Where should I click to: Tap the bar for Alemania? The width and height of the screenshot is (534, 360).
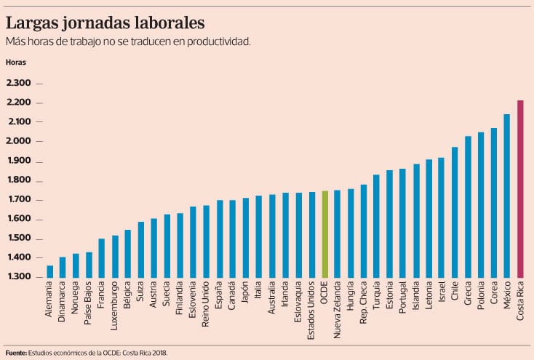[49, 271]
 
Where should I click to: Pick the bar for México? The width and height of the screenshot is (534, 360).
[507, 196]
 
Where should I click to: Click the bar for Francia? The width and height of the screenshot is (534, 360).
[102, 258]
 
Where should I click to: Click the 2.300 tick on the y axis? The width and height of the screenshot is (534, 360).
[18, 84]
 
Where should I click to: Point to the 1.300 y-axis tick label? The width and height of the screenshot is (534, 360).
[18, 277]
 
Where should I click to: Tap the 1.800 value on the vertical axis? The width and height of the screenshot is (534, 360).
[18, 180]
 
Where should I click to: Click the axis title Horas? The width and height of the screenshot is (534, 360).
[15, 62]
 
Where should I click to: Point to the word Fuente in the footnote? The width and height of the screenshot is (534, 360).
[15, 353]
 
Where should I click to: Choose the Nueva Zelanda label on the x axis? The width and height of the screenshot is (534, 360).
[338, 312]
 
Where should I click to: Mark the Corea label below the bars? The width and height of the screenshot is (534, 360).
[495, 297]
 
